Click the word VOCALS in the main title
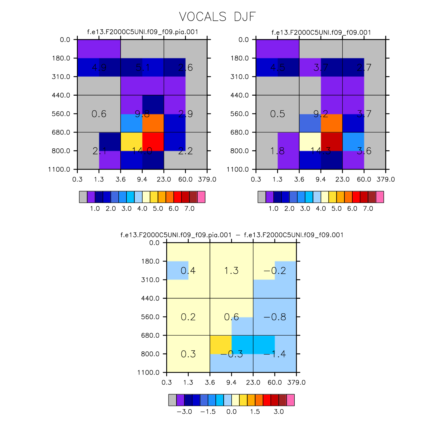tap(203, 17)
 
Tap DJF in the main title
tap(245, 17)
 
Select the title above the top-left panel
tap(143, 32)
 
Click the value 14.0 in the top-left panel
tap(142, 151)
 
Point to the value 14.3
tap(321, 151)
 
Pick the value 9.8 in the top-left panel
tap(142, 114)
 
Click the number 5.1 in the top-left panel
tap(143, 68)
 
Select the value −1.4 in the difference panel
tap(275, 354)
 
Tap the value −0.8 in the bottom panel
tap(275, 317)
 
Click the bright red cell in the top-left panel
tap(153, 141)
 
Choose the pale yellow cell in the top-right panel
tap(310, 141)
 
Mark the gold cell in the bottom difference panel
tap(221, 345)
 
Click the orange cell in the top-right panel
tap(332, 123)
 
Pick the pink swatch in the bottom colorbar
tap(290, 400)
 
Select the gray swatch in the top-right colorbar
tap(262, 197)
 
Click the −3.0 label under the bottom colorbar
tap(184, 412)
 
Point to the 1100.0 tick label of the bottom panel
tap(148, 372)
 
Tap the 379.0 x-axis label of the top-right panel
tap(386, 179)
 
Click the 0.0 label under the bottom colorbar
tap(231, 412)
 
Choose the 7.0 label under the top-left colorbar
tap(189, 209)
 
